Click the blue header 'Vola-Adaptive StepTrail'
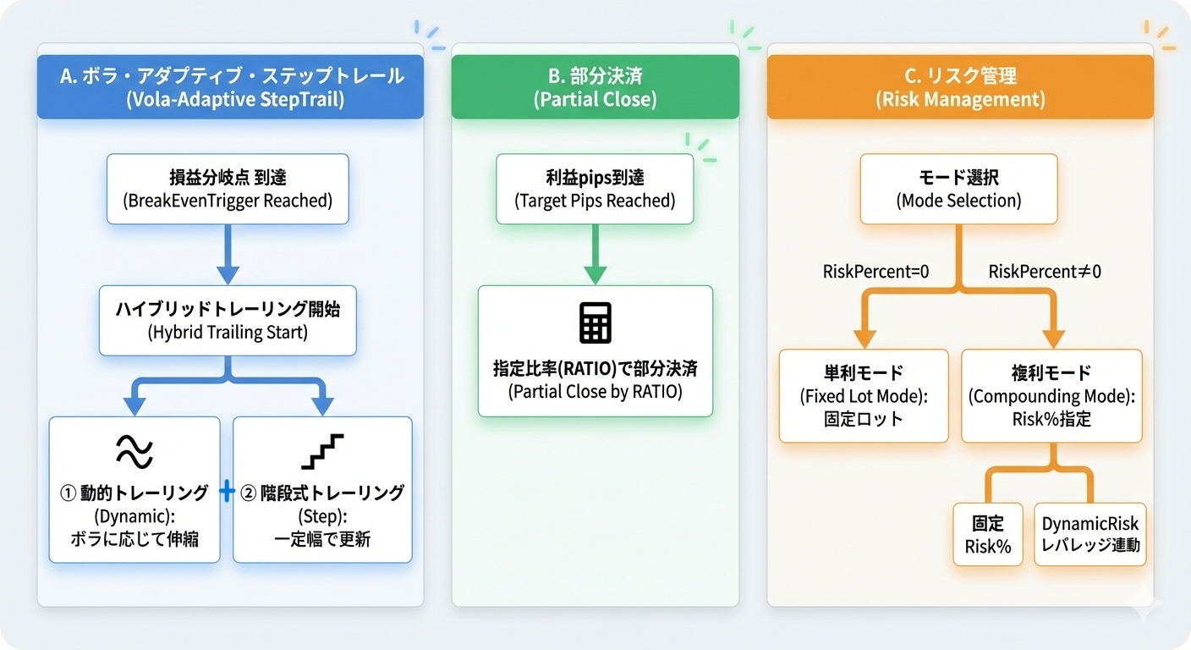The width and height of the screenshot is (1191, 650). pyautogui.click(x=230, y=87)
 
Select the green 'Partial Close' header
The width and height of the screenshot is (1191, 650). pyautogui.click(x=595, y=87)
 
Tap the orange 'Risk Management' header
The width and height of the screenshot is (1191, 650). pyautogui.click(x=960, y=87)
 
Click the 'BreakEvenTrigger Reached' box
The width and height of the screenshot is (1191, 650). pyautogui.click(x=228, y=189)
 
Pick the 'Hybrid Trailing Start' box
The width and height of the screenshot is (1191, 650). pyautogui.click(x=228, y=321)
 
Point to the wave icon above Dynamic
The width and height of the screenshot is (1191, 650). pyautogui.click(x=134, y=451)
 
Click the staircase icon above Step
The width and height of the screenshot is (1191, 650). pyautogui.click(x=322, y=451)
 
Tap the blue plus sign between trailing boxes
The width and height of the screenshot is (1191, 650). pyautogui.click(x=226, y=493)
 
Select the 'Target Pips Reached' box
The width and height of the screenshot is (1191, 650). pyautogui.click(x=595, y=189)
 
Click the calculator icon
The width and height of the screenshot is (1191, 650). pyautogui.click(x=595, y=323)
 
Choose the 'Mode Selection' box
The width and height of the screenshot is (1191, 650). pyautogui.click(x=958, y=189)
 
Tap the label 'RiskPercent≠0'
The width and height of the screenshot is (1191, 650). pyautogui.click(x=1045, y=272)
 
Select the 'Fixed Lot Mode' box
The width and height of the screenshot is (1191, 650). pyautogui.click(x=863, y=395)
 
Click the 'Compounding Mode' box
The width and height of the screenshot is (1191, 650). pyautogui.click(x=1051, y=395)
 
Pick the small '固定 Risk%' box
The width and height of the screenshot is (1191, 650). pyautogui.click(x=987, y=534)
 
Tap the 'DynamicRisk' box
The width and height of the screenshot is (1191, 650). pyautogui.click(x=1090, y=534)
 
